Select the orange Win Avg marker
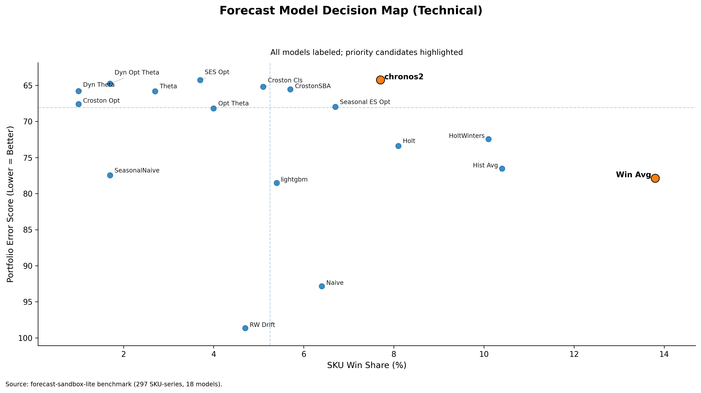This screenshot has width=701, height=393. click(655, 178)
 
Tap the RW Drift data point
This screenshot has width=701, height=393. click(245, 328)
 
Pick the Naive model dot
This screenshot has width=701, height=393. click(322, 286)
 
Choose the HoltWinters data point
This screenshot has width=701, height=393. click(488, 139)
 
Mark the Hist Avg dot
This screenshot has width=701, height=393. click(502, 169)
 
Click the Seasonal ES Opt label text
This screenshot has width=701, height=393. click(365, 102)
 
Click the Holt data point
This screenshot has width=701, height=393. click(398, 146)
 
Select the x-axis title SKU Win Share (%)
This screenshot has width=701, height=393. click(367, 365)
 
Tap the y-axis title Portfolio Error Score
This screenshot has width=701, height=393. click(10, 204)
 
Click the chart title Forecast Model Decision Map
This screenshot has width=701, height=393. click(350, 11)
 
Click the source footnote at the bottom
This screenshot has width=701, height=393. click(114, 384)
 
